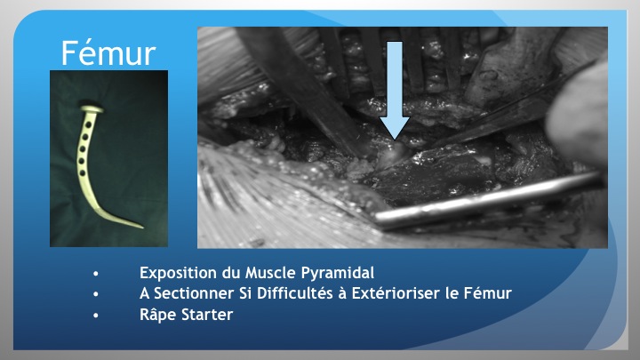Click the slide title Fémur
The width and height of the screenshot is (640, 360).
(x=108, y=53)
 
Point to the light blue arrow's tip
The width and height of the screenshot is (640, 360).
(x=395, y=140)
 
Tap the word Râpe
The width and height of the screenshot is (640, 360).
(x=158, y=315)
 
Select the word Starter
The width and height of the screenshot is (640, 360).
(x=207, y=315)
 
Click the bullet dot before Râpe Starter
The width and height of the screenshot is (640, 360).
(x=96, y=316)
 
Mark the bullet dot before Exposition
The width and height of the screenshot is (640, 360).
(x=96, y=274)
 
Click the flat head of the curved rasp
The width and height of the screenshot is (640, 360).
(x=92, y=109)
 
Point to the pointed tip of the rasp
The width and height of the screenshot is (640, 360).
(x=142, y=227)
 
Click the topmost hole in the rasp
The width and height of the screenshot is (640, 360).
(x=88, y=124)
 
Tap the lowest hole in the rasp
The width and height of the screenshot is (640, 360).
(x=83, y=173)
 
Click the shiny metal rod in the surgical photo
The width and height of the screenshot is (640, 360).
(x=488, y=200)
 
